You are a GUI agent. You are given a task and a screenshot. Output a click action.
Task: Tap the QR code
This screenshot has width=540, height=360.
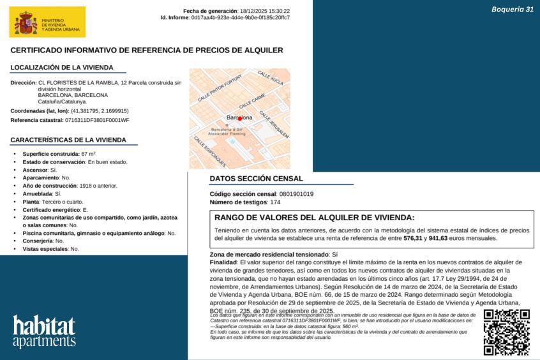[x=506, y=331]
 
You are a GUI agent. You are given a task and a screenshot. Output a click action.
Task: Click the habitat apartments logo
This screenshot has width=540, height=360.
[x=44, y=331]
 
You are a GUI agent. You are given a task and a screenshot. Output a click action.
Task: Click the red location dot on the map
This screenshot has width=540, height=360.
[x=240, y=118]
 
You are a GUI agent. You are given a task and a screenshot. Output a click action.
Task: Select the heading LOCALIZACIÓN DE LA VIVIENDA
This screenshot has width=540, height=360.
[x=62, y=67]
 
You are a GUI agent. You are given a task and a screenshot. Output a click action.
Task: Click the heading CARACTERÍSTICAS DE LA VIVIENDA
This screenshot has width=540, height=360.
[x=68, y=140]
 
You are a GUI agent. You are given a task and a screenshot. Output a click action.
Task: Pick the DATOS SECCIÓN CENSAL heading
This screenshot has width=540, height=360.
[x=257, y=179]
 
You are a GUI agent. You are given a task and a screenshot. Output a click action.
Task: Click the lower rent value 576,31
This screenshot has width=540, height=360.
[x=414, y=238]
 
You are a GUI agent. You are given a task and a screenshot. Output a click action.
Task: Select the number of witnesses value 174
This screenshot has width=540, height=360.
[x=275, y=202]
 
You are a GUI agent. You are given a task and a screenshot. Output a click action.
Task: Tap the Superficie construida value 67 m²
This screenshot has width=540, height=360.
[x=89, y=154]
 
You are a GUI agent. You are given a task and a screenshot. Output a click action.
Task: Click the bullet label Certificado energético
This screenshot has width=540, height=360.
[x=52, y=209]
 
